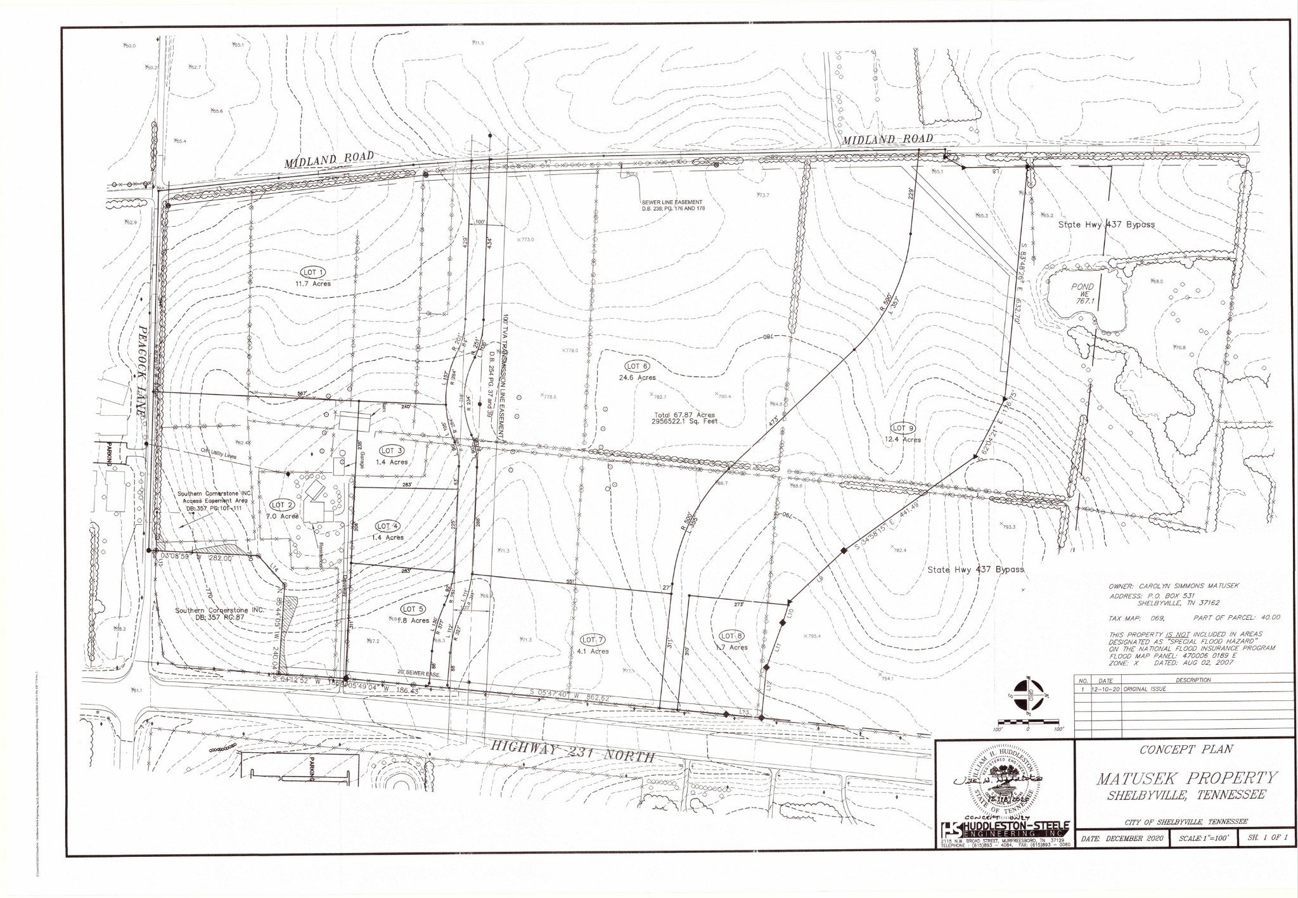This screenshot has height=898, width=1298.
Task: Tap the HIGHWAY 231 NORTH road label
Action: (574, 753)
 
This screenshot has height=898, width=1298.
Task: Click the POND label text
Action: (1083, 286)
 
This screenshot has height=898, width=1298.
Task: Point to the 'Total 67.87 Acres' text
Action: (684, 415)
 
